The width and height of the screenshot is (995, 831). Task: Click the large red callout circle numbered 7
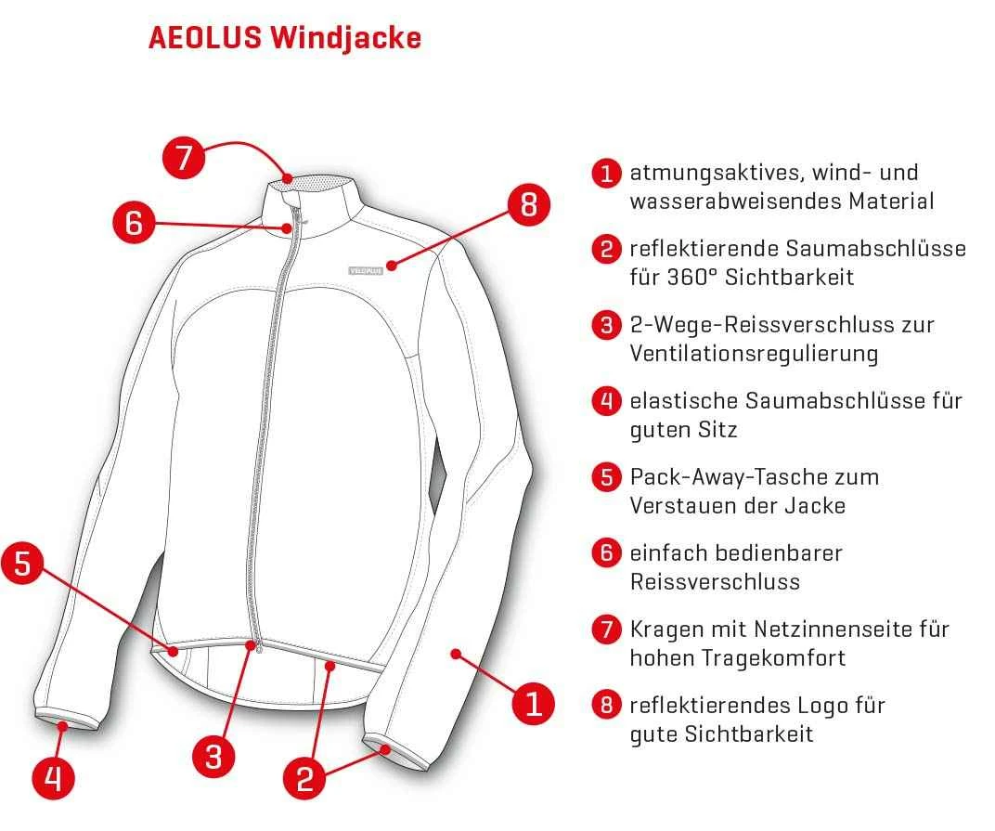click(184, 157)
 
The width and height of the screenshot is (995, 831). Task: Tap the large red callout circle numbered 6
click(133, 223)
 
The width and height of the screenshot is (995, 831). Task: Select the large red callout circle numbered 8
click(528, 203)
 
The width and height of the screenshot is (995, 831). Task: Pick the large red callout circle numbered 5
click(22, 565)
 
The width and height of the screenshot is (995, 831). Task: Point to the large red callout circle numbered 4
click(54, 777)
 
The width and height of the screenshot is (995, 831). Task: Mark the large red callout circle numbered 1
click(533, 702)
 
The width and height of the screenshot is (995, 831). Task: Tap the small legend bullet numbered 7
click(606, 629)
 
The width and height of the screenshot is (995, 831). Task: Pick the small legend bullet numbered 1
click(606, 173)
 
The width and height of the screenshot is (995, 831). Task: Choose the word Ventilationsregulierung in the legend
click(754, 354)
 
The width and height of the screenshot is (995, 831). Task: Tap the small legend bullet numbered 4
click(606, 401)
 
